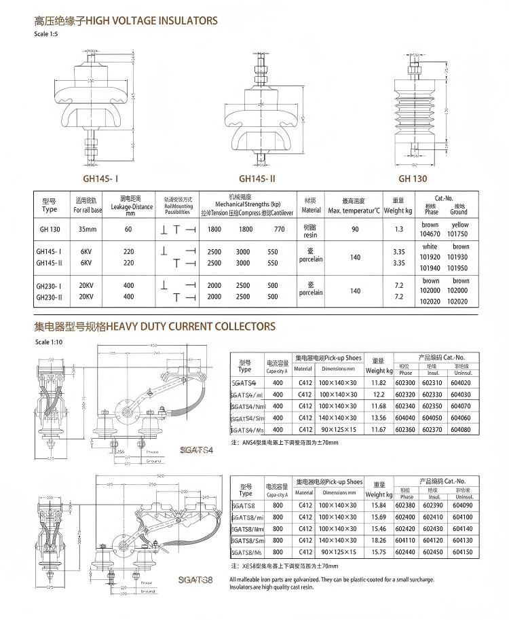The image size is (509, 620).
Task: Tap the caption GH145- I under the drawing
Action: [x=100, y=179]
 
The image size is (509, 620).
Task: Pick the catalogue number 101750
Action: [x=460, y=233]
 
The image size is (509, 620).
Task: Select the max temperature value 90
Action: [x=355, y=229]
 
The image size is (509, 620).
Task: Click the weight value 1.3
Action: [x=398, y=229]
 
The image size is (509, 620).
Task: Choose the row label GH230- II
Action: [x=48, y=296]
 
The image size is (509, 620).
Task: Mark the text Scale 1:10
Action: [x=48, y=342]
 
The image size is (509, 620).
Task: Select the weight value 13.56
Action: [x=379, y=418]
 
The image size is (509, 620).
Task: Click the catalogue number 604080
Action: [x=461, y=429]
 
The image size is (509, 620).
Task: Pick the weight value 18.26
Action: [x=379, y=541]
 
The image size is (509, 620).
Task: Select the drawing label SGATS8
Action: [x=195, y=579]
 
